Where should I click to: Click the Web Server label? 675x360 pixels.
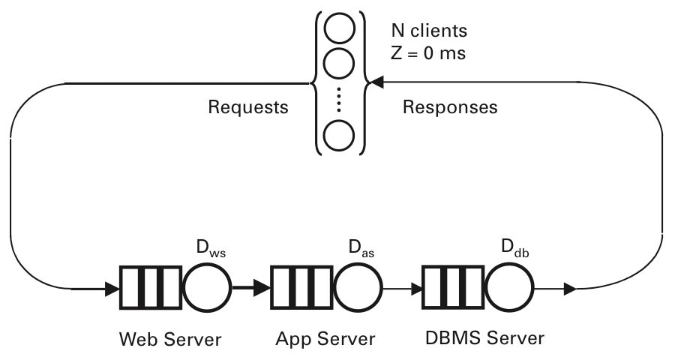click(x=171, y=340)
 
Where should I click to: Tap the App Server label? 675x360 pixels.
click(x=324, y=340)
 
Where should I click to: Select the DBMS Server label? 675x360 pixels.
click(x=484, y=340)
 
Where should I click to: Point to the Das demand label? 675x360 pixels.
click(x=361, y=248)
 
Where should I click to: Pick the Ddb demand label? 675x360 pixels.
click(x=514, y=248)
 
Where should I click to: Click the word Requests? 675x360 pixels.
click(x=247, y=107)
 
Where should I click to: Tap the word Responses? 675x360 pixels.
click(x=450, y=107)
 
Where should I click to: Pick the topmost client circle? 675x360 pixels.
click(x=338, y=27)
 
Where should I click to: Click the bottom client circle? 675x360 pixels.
click(x=338, y=136)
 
